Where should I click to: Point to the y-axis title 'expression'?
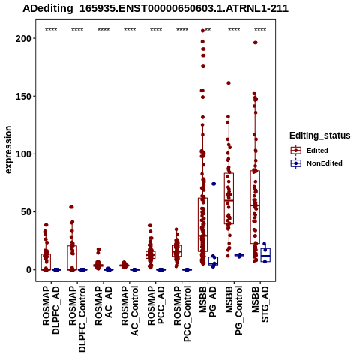click(8, 150)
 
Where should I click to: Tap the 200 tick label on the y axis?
click(23, 38)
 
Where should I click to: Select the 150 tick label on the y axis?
click(23, 96)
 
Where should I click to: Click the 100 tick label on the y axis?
click(23, 154)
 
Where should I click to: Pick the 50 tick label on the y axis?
click(25, 211)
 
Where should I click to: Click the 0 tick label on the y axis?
click(28, 270)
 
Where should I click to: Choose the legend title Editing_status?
click(320, 136)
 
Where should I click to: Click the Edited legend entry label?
click(317, 151)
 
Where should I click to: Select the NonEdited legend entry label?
click(325, 163)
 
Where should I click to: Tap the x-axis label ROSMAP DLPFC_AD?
click(51, 310)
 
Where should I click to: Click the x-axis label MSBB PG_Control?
click(234, 310)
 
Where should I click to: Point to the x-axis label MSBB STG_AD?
click(260, 304)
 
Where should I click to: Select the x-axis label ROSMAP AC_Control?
click(130, 310)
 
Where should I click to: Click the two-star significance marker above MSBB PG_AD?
click(208, 30)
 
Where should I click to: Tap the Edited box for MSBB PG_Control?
click(229, 199)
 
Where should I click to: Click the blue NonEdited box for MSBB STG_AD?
click(265, 255)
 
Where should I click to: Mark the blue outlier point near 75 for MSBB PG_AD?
click(214, 184)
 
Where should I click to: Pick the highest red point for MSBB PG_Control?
click(229, 83)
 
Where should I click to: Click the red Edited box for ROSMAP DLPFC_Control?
click(72, 258)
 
